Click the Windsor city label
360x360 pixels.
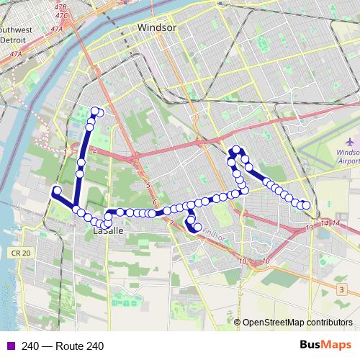pos(157,27)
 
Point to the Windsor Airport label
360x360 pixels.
pos(348,157)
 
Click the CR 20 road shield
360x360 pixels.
pos(21,253)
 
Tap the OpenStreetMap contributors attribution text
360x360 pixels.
pos(297,323)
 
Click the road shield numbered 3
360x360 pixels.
pos(341,289)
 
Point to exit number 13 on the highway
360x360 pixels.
pos(309,228)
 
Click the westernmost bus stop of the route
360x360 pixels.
pos(56,190)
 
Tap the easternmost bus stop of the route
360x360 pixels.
pos(307,206)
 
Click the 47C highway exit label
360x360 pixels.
pos(61,14)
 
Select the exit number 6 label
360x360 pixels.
pos(154,202)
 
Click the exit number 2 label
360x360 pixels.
pos(94,149)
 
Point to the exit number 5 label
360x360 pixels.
pos(147,186)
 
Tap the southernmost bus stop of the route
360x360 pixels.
pos(197,228)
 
